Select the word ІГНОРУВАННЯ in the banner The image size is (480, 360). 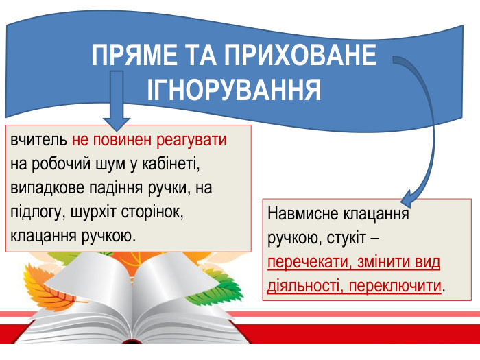coord(235,90)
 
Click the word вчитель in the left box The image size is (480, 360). coord(38,142)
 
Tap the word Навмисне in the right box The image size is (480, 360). coord(309,215)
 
